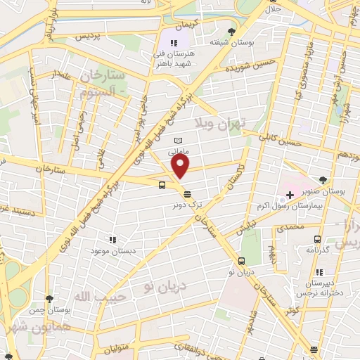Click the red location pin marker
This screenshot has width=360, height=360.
pos(181,166)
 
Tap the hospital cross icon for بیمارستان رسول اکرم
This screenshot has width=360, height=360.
pos(290,193)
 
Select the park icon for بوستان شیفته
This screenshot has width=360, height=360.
pos(231,31)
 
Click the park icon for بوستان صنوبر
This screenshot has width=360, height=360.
pos(323,180)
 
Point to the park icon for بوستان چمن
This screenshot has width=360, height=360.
pos(49,298)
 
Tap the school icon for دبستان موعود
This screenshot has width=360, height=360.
pos(112,239)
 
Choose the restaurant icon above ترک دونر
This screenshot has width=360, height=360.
pos(186,194)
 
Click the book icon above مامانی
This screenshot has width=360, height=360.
pos(177,141)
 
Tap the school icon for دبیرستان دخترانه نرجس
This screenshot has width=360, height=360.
pos(319,272)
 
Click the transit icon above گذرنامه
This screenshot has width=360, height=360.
pos(316,239)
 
